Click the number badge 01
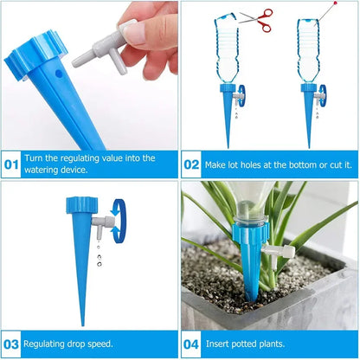(x=12, y=163)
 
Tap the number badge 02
(x=192, y=163)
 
